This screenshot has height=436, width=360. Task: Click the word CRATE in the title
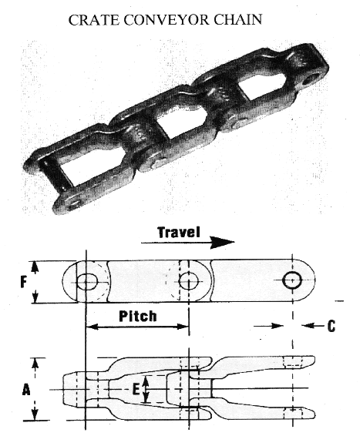(93, 20)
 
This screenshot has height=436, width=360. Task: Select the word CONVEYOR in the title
(166, 20)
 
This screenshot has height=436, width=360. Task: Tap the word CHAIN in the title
(238, 20)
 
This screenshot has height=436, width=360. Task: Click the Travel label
(179, 232)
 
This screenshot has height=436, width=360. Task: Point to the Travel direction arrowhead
(222, 242)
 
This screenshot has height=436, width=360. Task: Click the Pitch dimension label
(138, 316)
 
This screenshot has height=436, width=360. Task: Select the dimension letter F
(24, 283)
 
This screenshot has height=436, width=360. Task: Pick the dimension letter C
(331, 326)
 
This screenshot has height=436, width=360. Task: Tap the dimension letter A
(26, 389)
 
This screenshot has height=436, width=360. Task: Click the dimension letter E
(136, 389)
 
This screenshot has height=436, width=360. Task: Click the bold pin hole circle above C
(292, 280)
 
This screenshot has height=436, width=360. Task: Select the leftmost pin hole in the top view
(87, 282)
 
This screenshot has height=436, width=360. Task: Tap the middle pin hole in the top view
(189, 281)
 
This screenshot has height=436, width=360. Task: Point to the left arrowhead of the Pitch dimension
(93, 327)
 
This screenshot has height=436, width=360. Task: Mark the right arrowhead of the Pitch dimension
(183, 327)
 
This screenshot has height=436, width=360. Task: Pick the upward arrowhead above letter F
(35, 267)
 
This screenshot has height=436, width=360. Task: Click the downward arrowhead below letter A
(35, 414)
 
